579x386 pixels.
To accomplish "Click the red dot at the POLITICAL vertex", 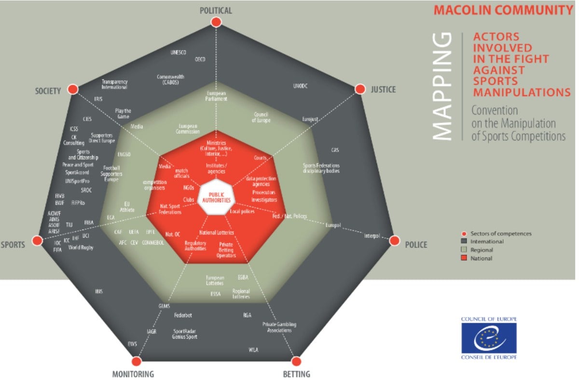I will click(216, 22).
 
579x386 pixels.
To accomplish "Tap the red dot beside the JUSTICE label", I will click(360, 89).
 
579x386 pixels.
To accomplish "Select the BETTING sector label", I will click(297, 374).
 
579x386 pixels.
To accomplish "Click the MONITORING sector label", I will click(133, 374).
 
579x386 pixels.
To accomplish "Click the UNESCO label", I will click(179, 52).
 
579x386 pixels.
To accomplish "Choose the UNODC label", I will click(300, 86).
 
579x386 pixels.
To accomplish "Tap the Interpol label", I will click(372, 236).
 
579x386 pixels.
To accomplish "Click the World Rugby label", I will click(81, 248).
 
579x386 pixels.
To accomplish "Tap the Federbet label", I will click(183, 316).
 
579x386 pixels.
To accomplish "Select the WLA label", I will click(253, 349).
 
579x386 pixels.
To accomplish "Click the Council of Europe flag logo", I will click(489, 338).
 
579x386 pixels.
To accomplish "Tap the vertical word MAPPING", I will click(441, 87).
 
